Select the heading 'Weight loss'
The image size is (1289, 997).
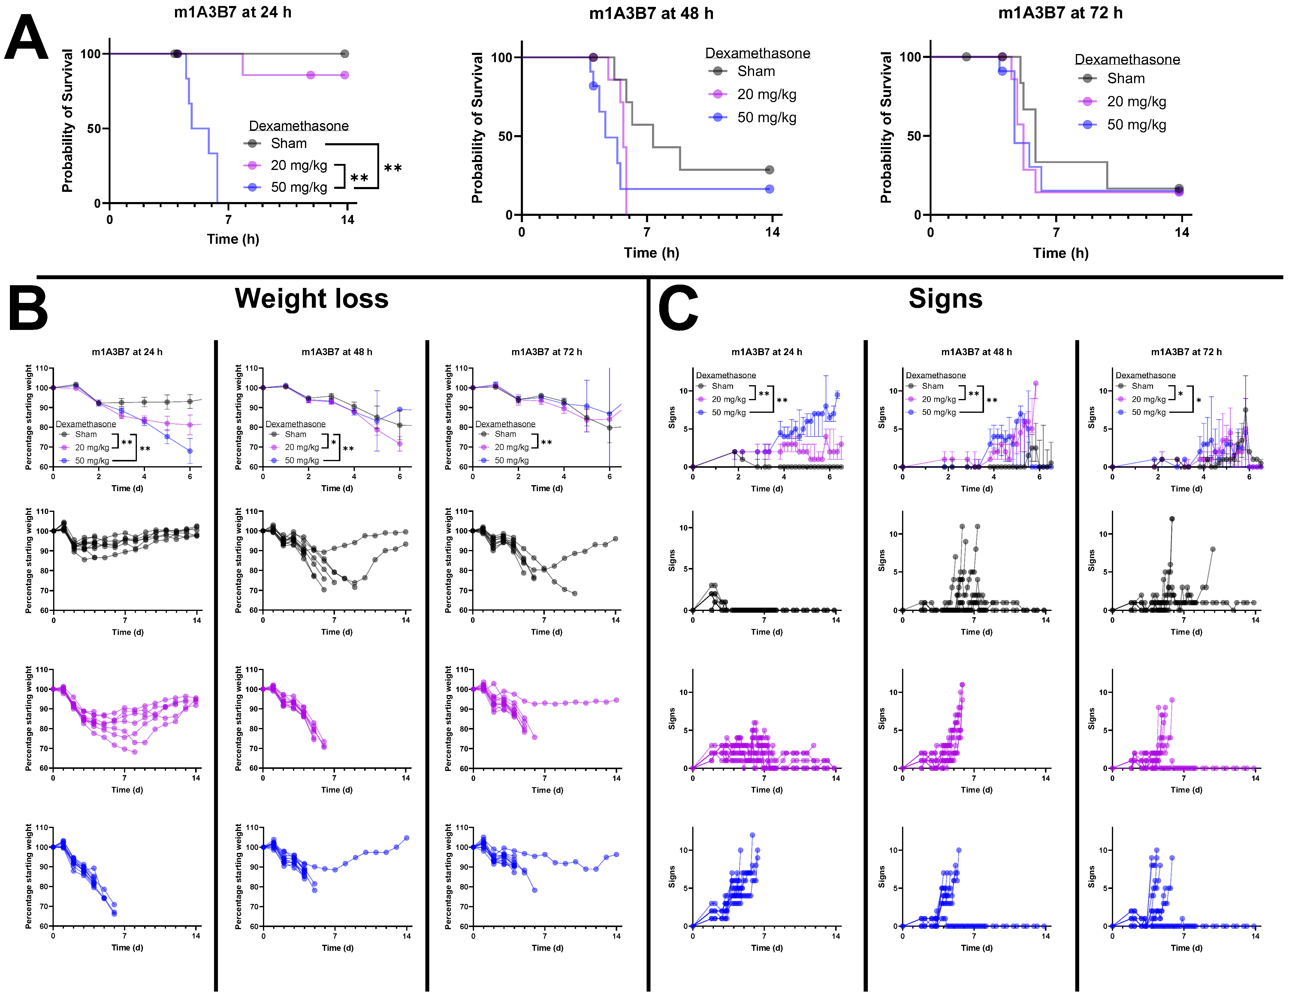coord(312,298)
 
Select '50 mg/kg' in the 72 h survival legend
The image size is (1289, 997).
coord(1136,125)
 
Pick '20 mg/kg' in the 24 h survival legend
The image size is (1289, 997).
coord(299,165)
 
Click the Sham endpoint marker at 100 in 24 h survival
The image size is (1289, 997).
coord(345,54)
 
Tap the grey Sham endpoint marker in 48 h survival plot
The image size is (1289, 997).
coord(769,170)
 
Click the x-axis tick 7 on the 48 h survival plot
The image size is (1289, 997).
coord(647,232)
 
